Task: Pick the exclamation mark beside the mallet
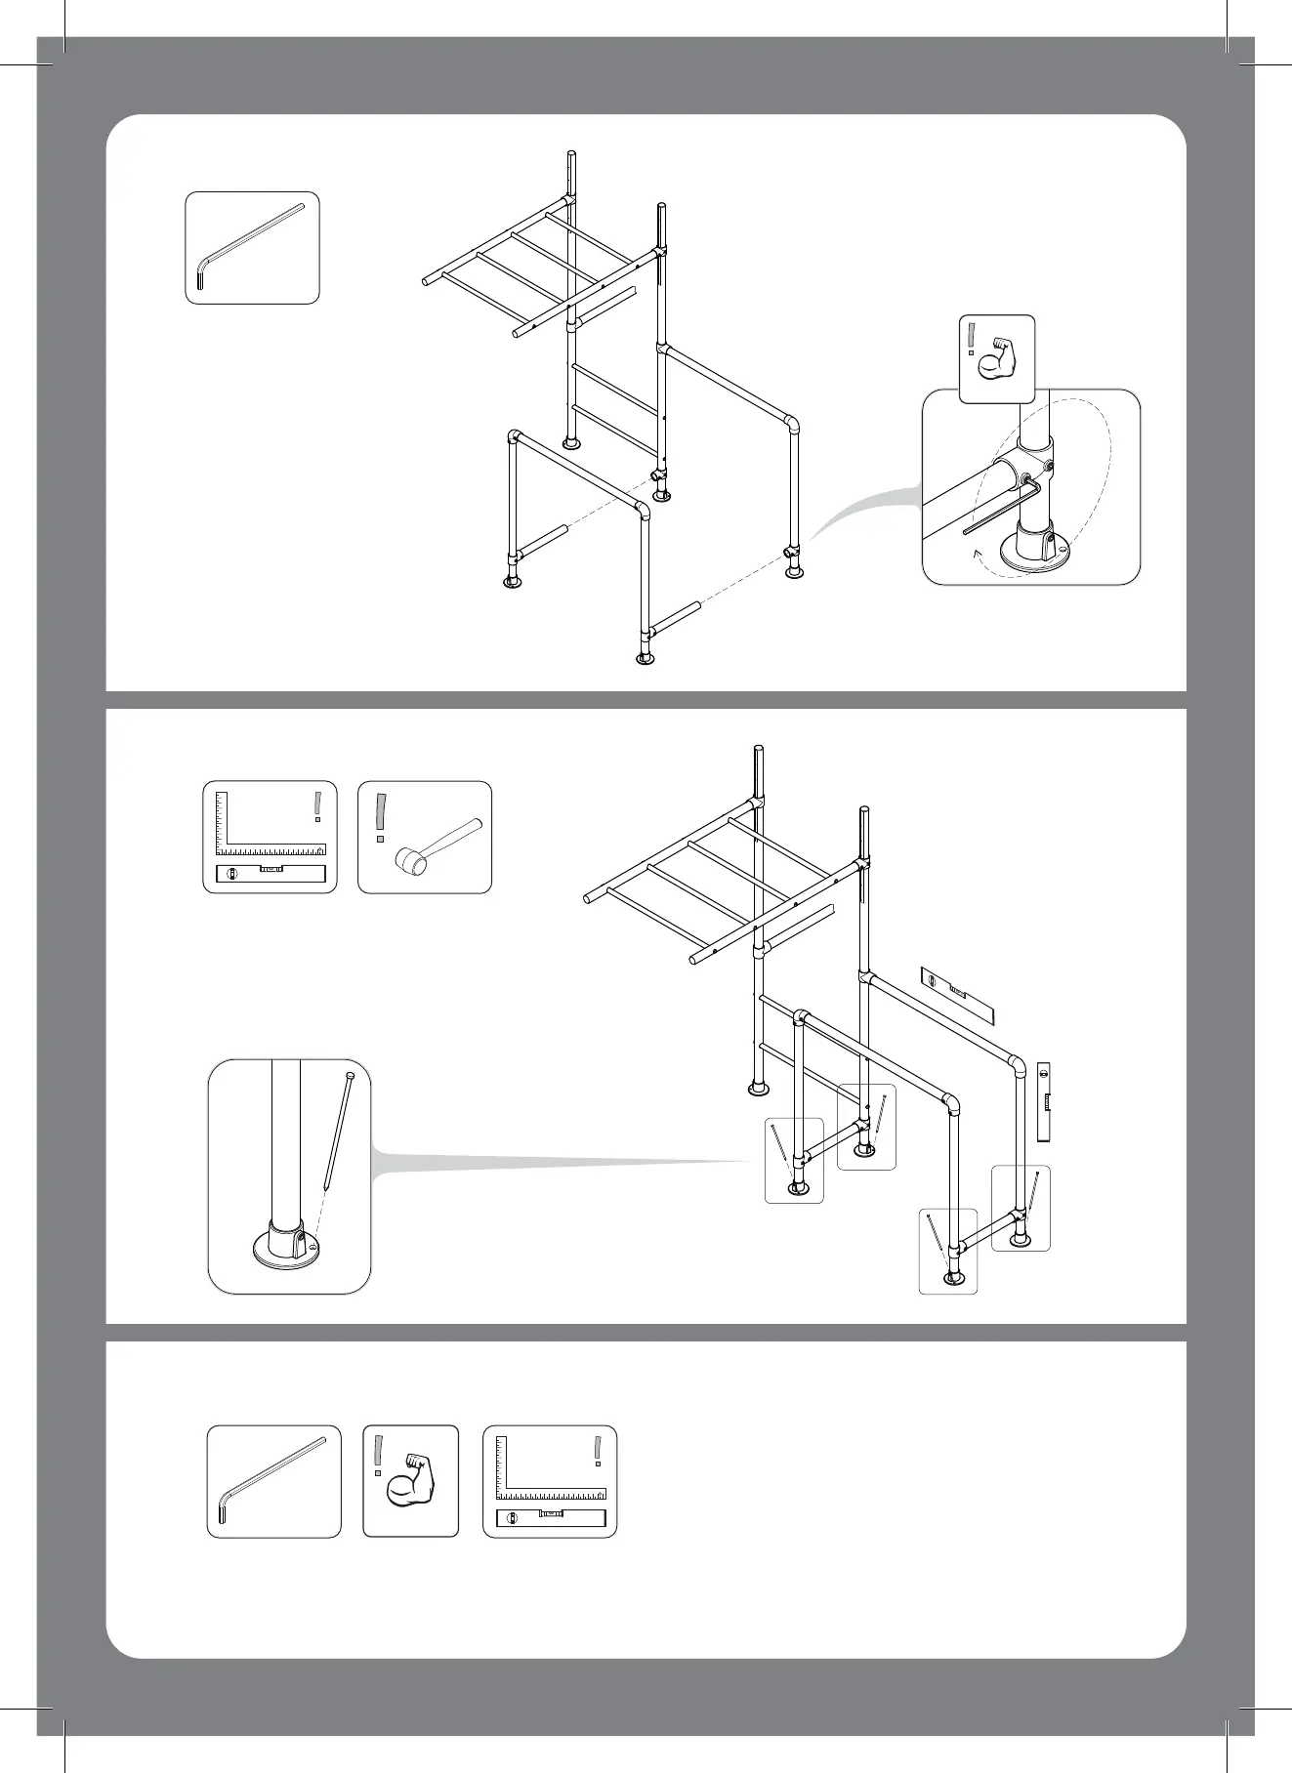pyautogui.click(x=380, y=817)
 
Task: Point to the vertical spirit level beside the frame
pyautogui.click(x=1043, y=1101)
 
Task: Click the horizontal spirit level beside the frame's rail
pyautogui.click(x=958, y=995)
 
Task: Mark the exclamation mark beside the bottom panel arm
pyautogui.click(x=377, y=1455)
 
